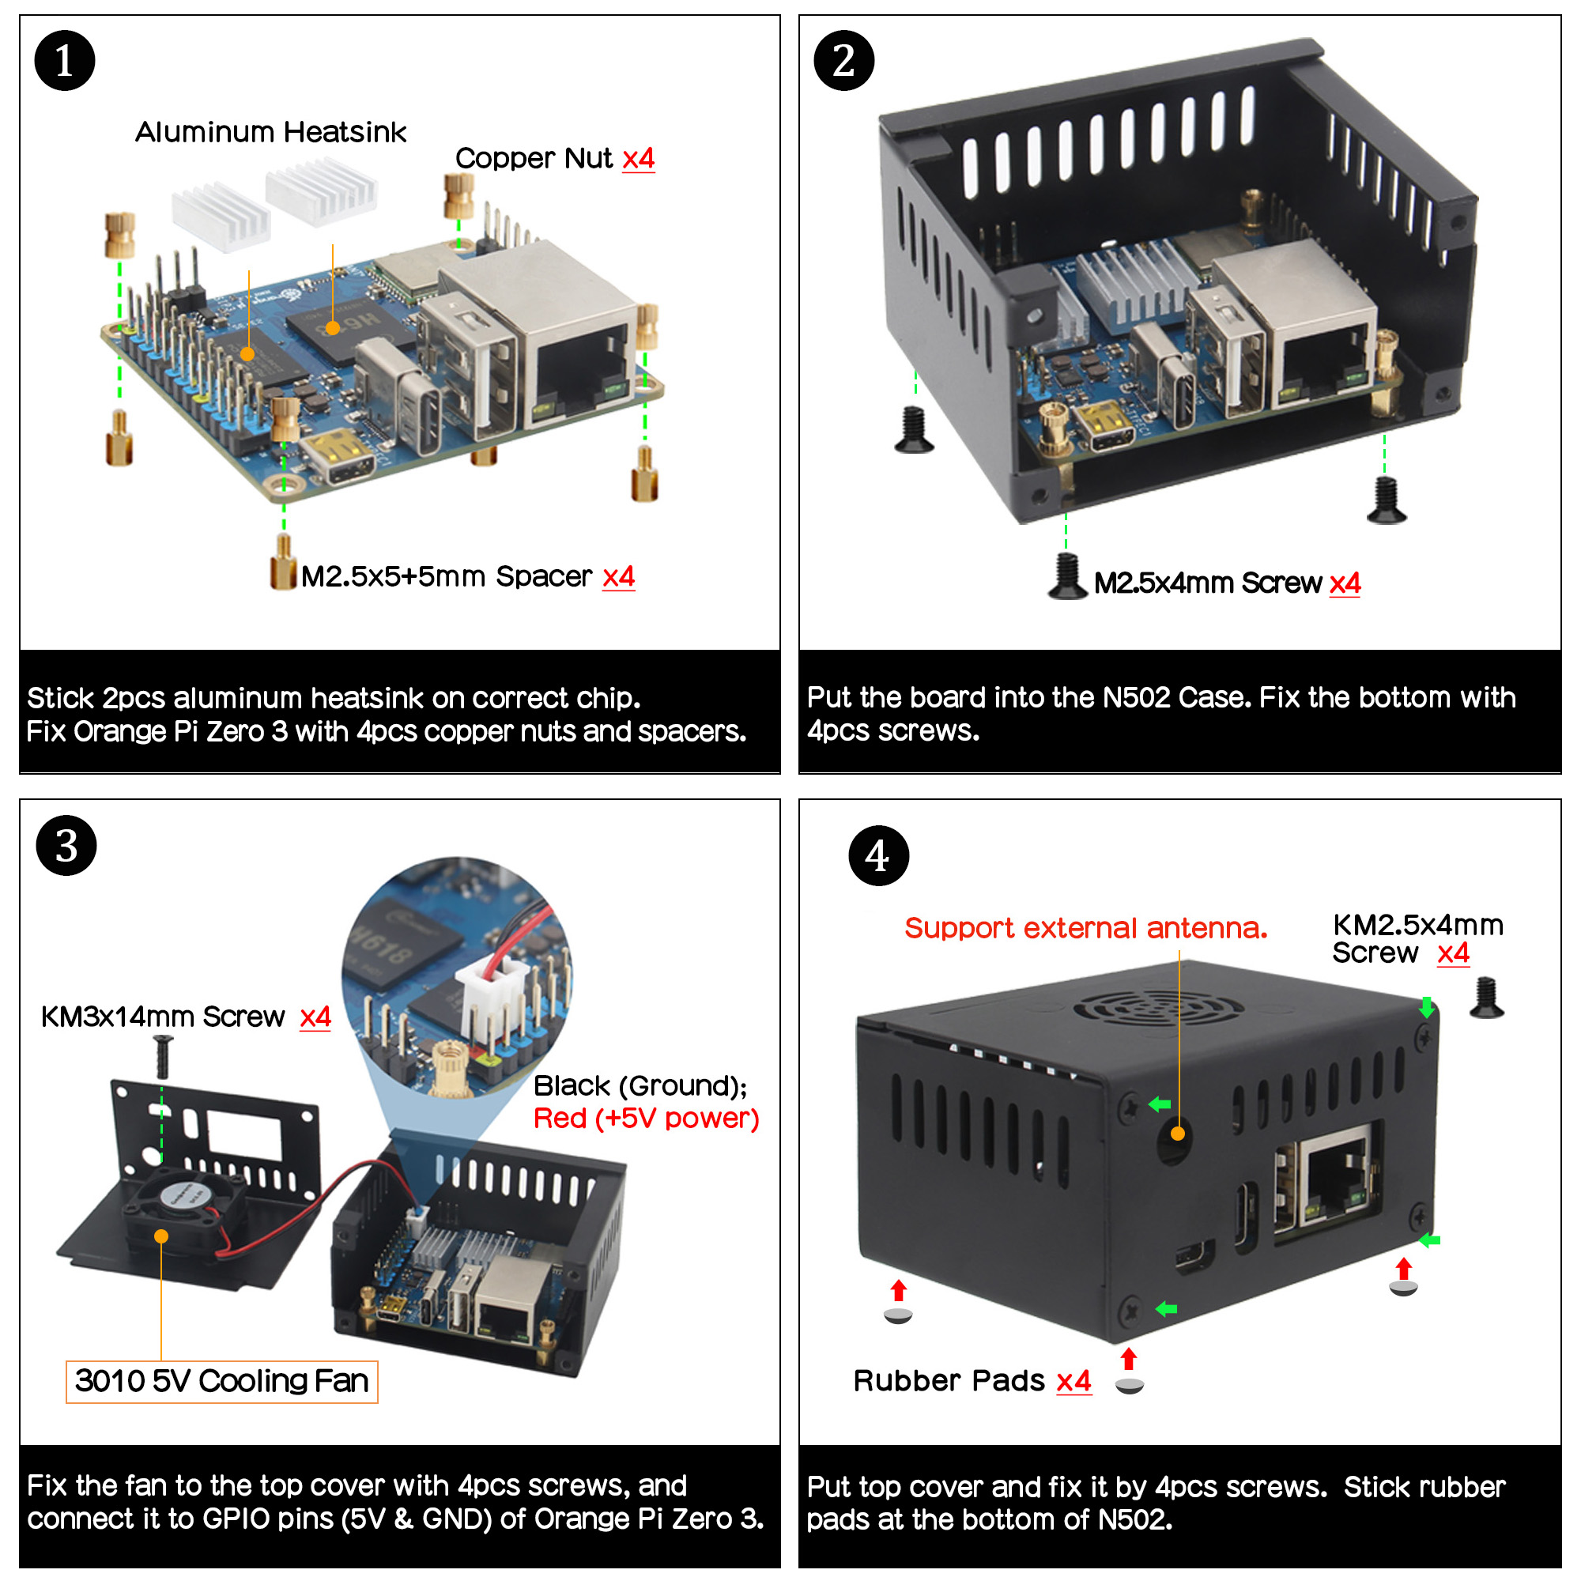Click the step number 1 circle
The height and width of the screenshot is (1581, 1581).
coord(65,61)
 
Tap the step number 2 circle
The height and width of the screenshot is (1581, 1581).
coord(843,61)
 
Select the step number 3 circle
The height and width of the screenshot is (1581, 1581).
coord(66,845)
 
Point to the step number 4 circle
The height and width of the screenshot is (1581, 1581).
coord(878,856)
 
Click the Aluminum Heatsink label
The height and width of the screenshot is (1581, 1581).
coord(270,132)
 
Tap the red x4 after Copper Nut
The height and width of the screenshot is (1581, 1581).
coord(638,158)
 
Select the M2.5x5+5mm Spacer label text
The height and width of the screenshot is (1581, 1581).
coord(446,577)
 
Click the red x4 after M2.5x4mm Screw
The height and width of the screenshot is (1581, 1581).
coord(1345,583)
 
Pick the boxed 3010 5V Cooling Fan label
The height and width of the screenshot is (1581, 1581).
coord(222,1381)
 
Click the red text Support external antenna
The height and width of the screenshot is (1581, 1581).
coord(1085,928)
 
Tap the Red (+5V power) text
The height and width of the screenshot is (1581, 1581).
coord(646,1118)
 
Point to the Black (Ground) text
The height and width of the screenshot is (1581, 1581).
coord(640,1086)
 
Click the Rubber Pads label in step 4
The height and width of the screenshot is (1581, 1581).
coord(949,1381)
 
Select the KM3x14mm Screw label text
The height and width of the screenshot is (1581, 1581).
coord(163,1017)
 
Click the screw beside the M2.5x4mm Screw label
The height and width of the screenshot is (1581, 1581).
coord(1068,577)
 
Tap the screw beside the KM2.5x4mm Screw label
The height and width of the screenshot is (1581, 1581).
coord(1486,999)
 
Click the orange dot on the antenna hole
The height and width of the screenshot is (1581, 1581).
coord(1178,1134)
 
